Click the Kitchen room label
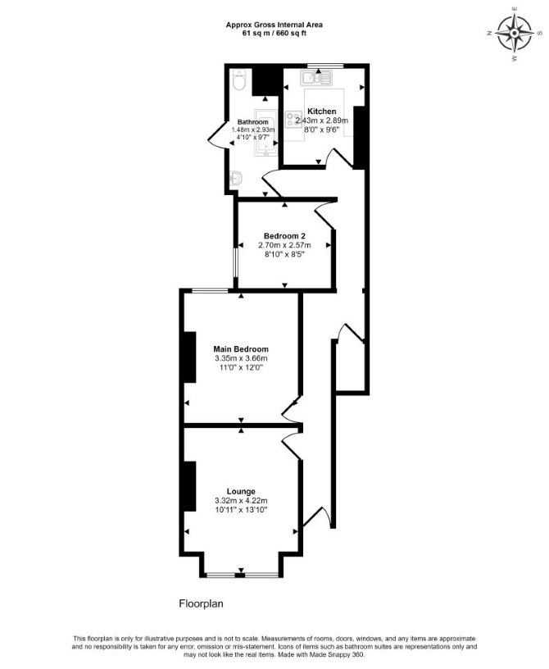pyautogui.click(x=322, y=111)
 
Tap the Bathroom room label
pyautogui.click(x=253, y=122)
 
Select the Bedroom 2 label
pyautogui.click(x=284, y=236)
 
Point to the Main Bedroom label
pyautogui.click(x=241, y=349)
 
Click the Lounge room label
pyautogui.click(x=241, y=492)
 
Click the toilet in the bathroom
pyautogui.click(x=238, y=80)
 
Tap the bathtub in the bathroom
pyautogui.click(x=265, y=131)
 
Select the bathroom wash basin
pyautogui.click(x=236, y=177)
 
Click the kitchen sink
pyautogui.click(x=316, y=79)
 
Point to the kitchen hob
pyautogui.click(x=294, y=120)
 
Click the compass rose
pyautogui.click(x=515, y=33)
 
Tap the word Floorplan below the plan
pyautogui.click(x=201, y=603)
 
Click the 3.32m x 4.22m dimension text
pyautogui.click(x=241, y=500)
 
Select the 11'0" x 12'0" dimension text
pyautogui.click(x=241, y=367)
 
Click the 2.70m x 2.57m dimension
pyautogui.click(x=284, y=245)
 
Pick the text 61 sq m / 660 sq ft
pyautogui.click(x=274, y=33)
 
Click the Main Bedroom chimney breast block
pyautogui.click(x=190, y=357)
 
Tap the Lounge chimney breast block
pyautogui.click(x=190, y=486)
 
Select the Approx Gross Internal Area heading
pyautogui.click(x=274, y=25)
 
